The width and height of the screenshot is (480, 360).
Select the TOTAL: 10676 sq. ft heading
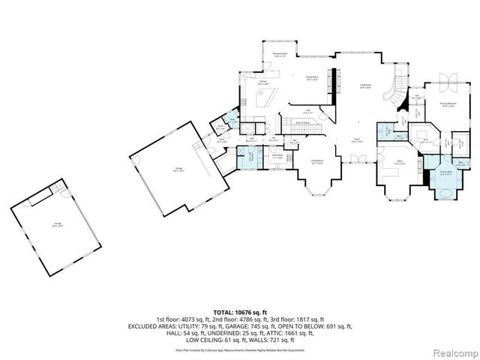pyautogui.click(x=239, y=310)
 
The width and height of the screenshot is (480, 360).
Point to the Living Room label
pyautogui.click(x=364, y=87)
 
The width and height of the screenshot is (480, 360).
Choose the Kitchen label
pyautogui.click(x=263, y=84)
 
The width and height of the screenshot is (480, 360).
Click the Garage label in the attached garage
pyautogui.click(x=178, y=170)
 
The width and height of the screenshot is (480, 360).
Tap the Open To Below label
pyautogui.click(x=303, y=122)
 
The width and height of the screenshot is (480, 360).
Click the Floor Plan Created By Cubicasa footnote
pyautogui.click(x=239, y=349)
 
